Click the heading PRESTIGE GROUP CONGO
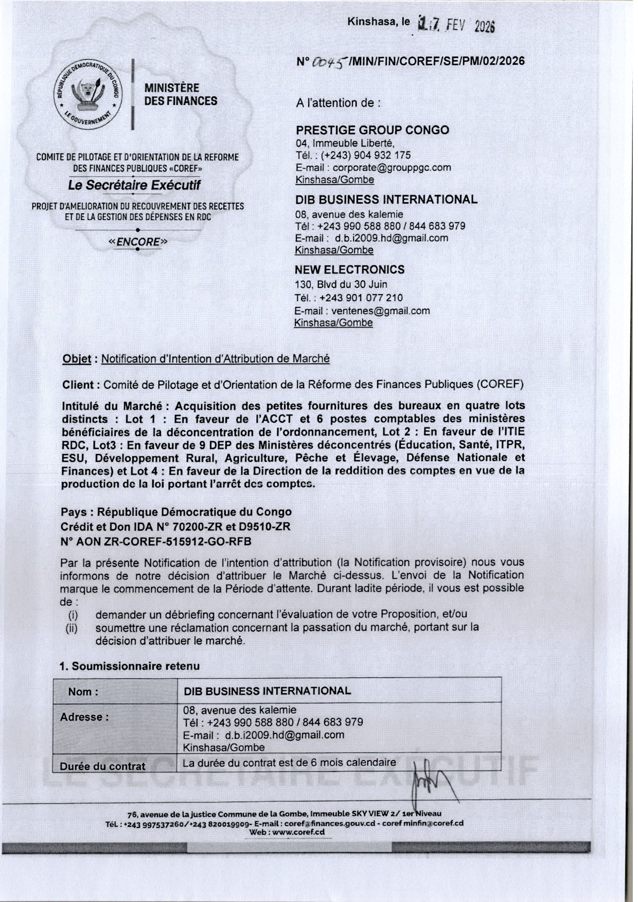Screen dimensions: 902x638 (x=372, y=130)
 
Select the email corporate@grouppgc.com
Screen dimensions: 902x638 (x=392, y=168)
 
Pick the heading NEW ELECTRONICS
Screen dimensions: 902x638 (x=349, y=269)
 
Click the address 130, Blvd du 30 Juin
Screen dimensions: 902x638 (x=341, y=284)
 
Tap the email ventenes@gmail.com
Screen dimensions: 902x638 (x=380, y=311)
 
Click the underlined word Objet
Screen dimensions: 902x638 (x=76, y=359)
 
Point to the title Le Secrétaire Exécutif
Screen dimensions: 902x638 (x=134, y=185)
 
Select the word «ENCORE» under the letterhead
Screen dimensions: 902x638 (x=138, y=241)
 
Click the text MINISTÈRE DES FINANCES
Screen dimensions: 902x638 (x=181, y=95)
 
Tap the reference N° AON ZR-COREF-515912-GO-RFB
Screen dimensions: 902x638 (x=156, y=541)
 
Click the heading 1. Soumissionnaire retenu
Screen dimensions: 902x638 (x=130, y=666)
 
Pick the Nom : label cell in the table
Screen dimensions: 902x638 (x=83, y=692)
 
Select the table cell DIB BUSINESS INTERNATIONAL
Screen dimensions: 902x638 (x=267, y=691)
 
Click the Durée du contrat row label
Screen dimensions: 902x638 (x=102, y=766)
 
